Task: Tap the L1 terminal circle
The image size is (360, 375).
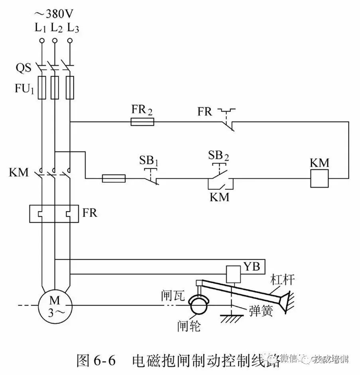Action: pyautogui.click(x=41, y=40)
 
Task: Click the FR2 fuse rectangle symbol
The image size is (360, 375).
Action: pyautogui.click(x=142, y=122)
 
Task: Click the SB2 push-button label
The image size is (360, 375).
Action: pyautogui.click(x=218, y=155)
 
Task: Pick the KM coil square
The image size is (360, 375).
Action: pyautogui.click(x=319, y=178)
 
